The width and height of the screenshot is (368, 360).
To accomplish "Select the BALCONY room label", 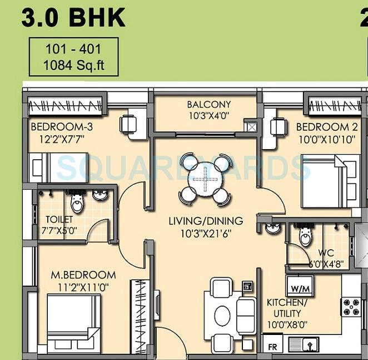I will tap(208, 105).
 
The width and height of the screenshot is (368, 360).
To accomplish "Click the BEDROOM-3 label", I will tap(62, 126).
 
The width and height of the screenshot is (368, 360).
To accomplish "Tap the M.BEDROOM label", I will tap(83, 275).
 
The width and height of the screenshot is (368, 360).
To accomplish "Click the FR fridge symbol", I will tap(272, 346).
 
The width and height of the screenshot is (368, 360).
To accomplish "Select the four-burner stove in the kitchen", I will tap(351, 305).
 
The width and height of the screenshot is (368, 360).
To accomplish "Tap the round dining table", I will tap(205, 180).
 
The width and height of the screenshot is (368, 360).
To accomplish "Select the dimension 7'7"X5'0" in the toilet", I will tap(61, 230).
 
